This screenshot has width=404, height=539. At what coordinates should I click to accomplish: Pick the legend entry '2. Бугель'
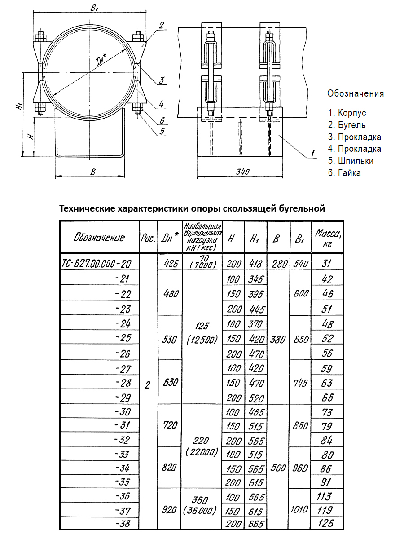[347, 125]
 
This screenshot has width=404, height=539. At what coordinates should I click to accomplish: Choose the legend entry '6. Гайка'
[344, 173]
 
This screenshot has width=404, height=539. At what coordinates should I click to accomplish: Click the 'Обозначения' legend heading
[356, 93]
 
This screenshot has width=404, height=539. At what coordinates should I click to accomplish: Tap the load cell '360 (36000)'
[200, 505]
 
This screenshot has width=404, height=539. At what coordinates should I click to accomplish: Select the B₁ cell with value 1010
[300, 509]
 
